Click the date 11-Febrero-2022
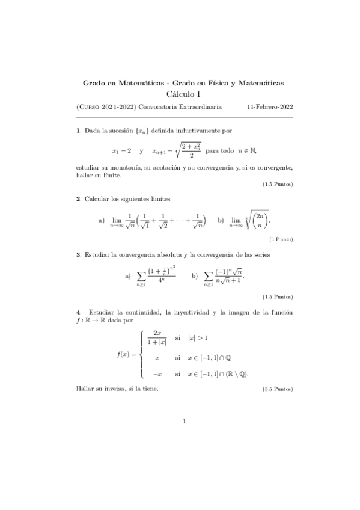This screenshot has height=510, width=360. point(270,106)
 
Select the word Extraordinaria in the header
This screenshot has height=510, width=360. point(199,106)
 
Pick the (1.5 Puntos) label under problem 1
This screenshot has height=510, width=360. point(278,184)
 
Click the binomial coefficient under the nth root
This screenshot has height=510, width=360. point(260,221)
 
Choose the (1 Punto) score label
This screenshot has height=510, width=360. point(281,239)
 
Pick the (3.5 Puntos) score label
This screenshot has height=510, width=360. point(278,390)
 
